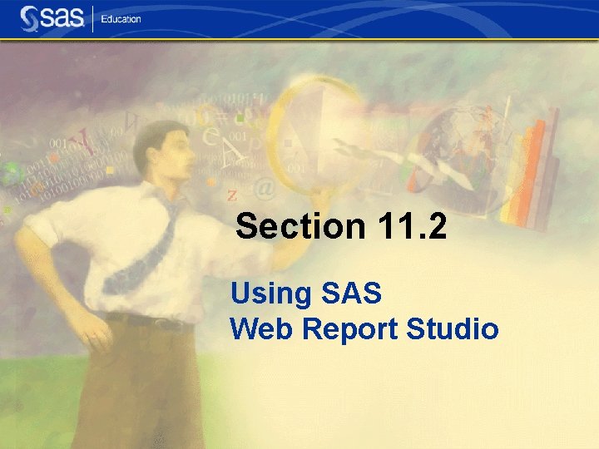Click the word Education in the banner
121,18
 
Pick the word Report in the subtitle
349,330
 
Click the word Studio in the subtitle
453,329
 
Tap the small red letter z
232,197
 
